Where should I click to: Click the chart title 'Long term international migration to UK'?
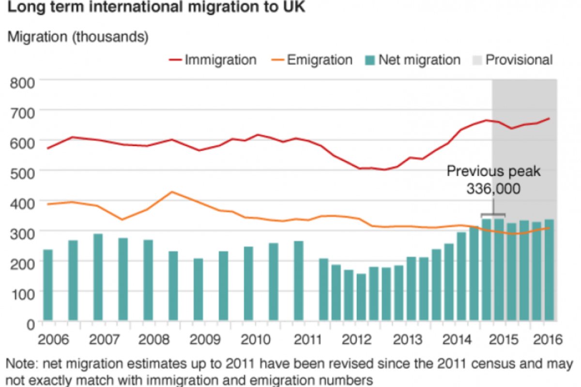tap(156, 7)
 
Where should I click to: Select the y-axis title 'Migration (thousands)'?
tap(78, 37)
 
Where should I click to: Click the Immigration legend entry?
tap(213, 60)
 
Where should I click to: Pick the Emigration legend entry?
tap(312, 60)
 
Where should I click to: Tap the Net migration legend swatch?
tap(370, 60)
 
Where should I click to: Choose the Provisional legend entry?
tap(513, 60)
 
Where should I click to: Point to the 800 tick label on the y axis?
tap(22, 83)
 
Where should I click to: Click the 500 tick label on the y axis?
tap(22, 173)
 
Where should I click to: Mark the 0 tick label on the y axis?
tap(31, 325)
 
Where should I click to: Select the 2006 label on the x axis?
tap(53, 340)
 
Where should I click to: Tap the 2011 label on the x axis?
tap(307, 340)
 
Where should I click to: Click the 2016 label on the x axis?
tap(548, 340)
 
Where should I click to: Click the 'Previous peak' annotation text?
tap(493, 172)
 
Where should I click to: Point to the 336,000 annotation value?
tap(493, 189)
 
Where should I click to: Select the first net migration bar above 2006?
tap(48, 285)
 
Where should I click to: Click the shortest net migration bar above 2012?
tap(361, 297)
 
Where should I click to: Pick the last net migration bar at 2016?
tap(550, 270)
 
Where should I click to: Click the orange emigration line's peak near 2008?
tap(172, 192)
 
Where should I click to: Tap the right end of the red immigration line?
tap(550, 119)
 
